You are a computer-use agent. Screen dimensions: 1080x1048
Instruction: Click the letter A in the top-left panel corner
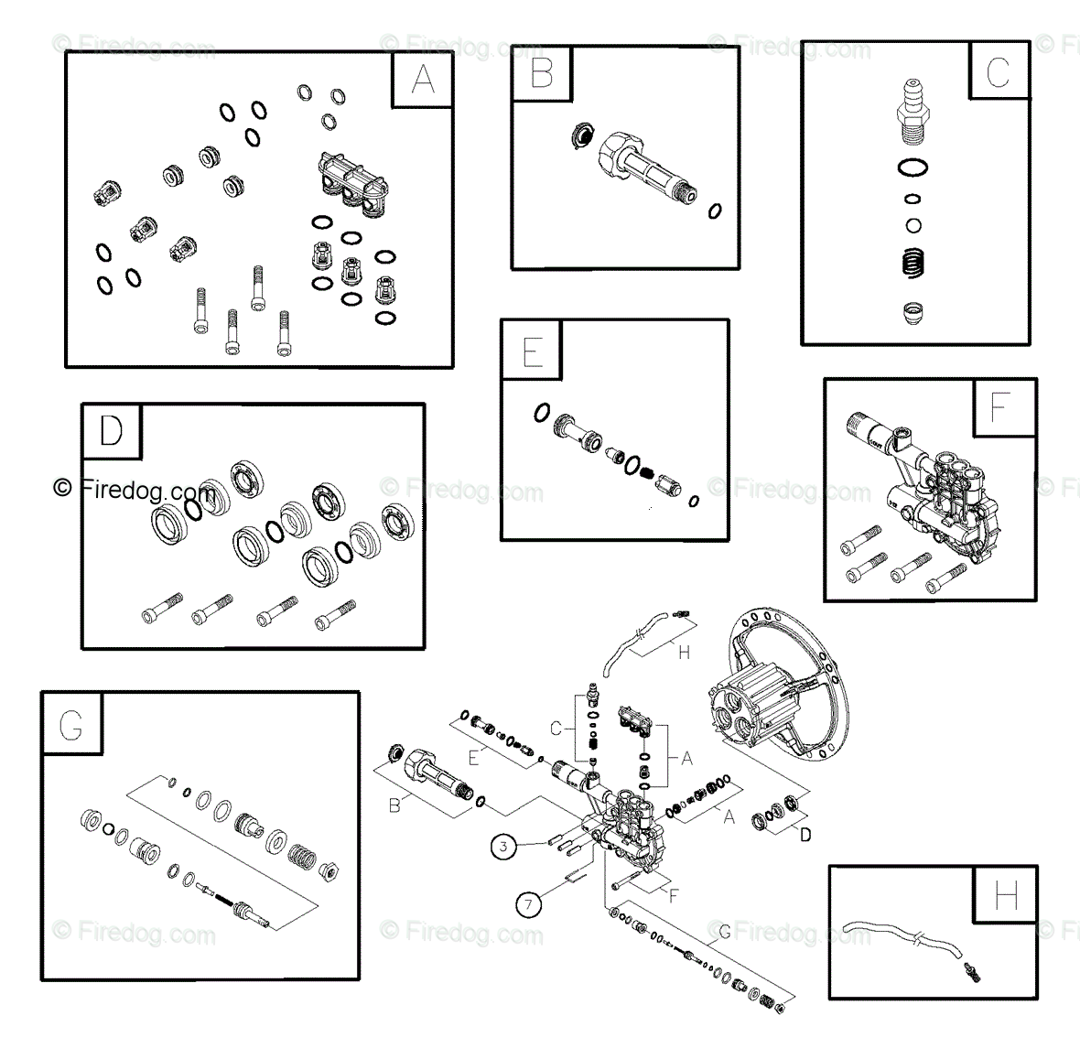tap(423, 80)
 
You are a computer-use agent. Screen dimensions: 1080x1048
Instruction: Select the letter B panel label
tap(542, 73)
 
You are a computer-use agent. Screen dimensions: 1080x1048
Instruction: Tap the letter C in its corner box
tap(998, 72)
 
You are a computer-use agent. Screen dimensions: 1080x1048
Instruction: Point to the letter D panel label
tap(112, 431)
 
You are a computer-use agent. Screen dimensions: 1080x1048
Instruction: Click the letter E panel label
tap(533, 352)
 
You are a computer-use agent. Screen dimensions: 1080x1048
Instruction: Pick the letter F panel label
tap(1000, 407)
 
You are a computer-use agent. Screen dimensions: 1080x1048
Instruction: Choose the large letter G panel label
tap(71, 725)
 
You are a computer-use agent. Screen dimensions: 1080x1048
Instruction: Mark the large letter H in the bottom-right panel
tap(1006, 895)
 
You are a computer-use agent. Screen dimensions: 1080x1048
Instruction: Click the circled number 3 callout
tap(503, 846)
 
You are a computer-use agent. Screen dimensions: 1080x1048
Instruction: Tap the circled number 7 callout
tap(528, 904)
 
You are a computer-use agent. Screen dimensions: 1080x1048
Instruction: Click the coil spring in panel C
tap(913, 263)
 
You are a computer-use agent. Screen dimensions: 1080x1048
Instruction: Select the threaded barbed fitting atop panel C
tap(913, 113)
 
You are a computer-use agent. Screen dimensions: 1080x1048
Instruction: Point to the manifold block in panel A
tap(352, 184)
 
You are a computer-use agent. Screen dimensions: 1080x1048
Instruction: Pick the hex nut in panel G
tap(329, 870)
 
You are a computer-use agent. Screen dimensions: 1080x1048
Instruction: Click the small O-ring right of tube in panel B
tap(715, 211)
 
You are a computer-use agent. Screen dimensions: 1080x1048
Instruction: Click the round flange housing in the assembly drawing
tap(778, 685)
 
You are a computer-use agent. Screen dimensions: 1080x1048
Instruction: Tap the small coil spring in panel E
tap(647, 472)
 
